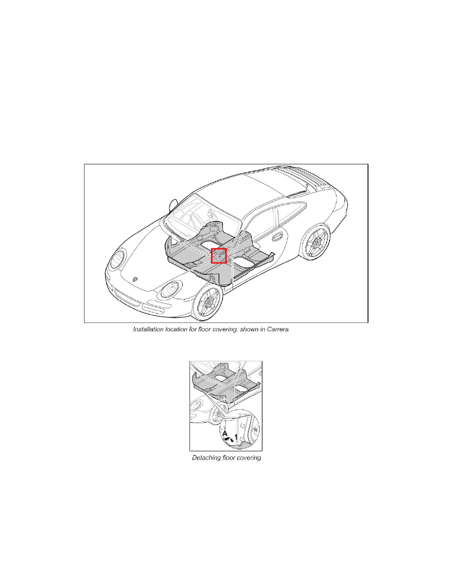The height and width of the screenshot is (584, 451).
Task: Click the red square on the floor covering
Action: (219, 256)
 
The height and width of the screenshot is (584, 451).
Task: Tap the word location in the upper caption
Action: (181, 329)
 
